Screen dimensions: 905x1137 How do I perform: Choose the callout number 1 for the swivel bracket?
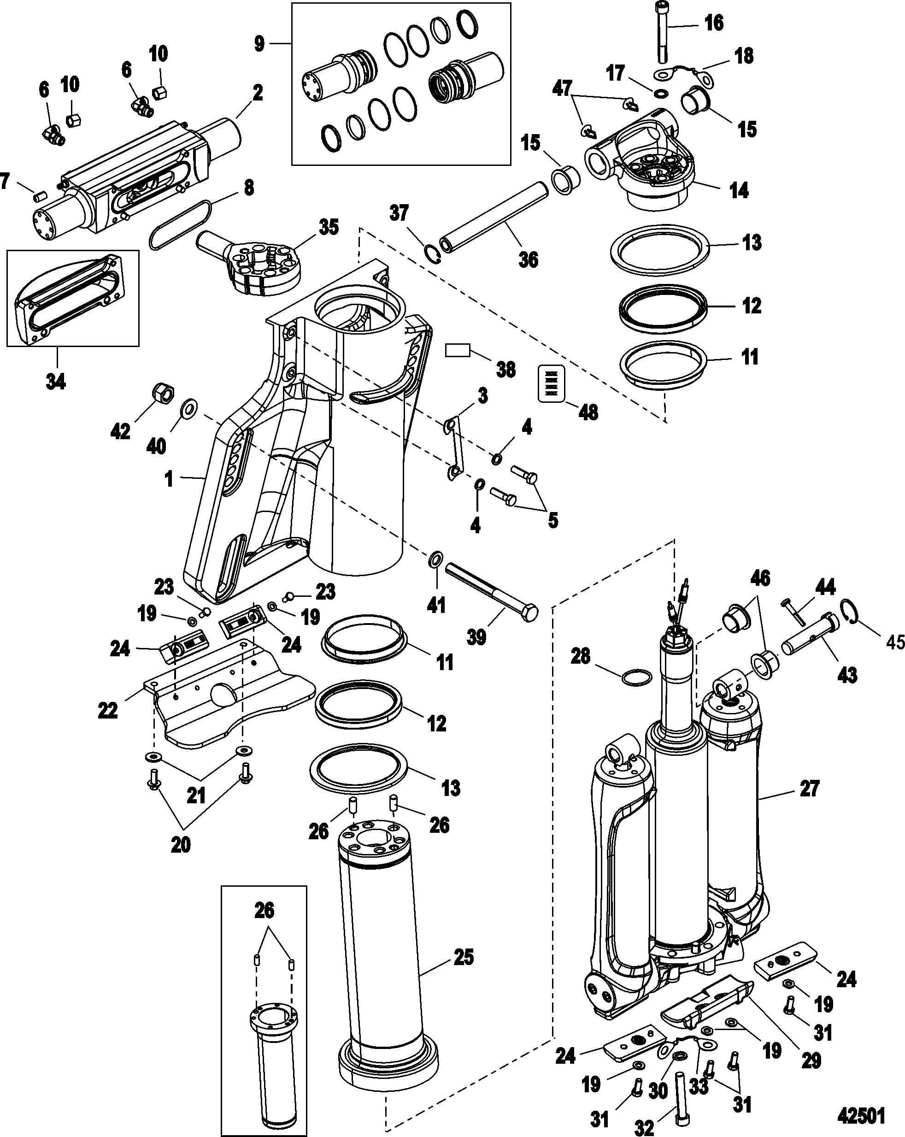(x=169, y=479)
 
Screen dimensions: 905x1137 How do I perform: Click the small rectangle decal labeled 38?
(x=457, y=351)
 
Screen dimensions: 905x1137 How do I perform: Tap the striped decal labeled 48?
(x=551, y=383)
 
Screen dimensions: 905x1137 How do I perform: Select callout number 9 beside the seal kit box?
(x=259, y=44)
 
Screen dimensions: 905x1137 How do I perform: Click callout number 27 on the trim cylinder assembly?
(x=810, y=804)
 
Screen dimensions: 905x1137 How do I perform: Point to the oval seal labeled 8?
(x=181, y=225)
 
